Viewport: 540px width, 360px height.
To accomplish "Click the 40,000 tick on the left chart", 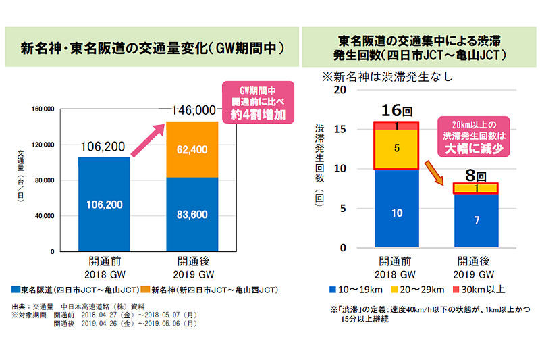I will pos(43,215).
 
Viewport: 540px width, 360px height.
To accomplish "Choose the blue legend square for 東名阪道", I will pos(16,289).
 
